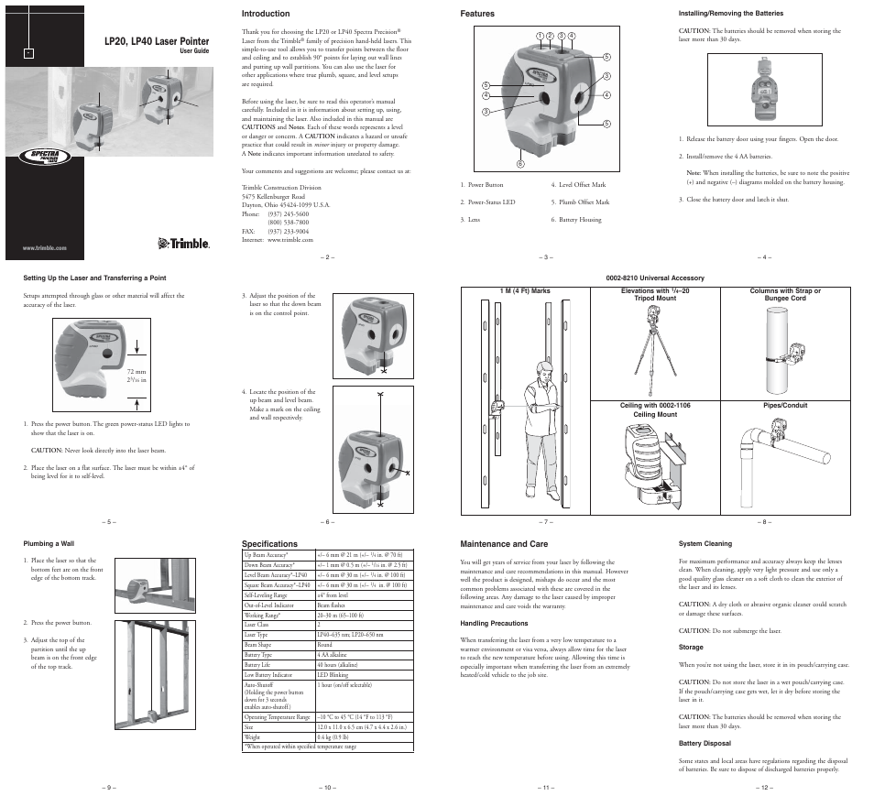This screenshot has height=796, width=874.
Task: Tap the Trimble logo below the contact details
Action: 184,243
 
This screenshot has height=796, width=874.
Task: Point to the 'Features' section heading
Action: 476,14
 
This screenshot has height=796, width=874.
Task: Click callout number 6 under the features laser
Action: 519,164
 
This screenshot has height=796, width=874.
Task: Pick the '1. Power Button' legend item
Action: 482,185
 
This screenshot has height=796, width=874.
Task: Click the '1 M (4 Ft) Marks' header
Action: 524,291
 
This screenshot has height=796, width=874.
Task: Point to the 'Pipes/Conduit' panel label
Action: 785,405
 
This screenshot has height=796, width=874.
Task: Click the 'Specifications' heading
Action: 270,543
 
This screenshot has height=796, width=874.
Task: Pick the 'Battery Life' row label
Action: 257,665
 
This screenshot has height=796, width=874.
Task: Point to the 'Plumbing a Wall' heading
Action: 48,543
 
